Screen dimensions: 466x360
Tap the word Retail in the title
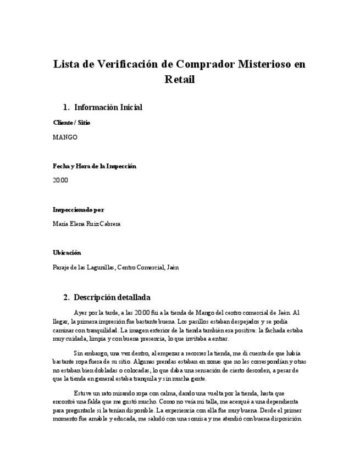click(x=180, y=79)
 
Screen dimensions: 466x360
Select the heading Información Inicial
click(x=108, y=107)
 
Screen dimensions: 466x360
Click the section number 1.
click(x=66, y=107)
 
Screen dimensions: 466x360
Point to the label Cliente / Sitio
click(x=71, y=123)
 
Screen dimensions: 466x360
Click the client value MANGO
click(x=65, y=137)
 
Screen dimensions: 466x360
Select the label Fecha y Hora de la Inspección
click(x=95, y=166)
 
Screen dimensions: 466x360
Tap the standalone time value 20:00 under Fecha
click(x=60, y=180)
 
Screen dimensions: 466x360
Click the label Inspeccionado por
click(x=78, y=209)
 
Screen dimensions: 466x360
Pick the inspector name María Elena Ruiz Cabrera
click(x=86, y=224)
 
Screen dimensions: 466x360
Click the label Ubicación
click(x=67, y=253)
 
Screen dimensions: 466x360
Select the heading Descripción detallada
click(x=112, y=297)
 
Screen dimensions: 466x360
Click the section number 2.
click(x=66, y=297)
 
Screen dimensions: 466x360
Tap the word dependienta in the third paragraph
click(x=280, y=402)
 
